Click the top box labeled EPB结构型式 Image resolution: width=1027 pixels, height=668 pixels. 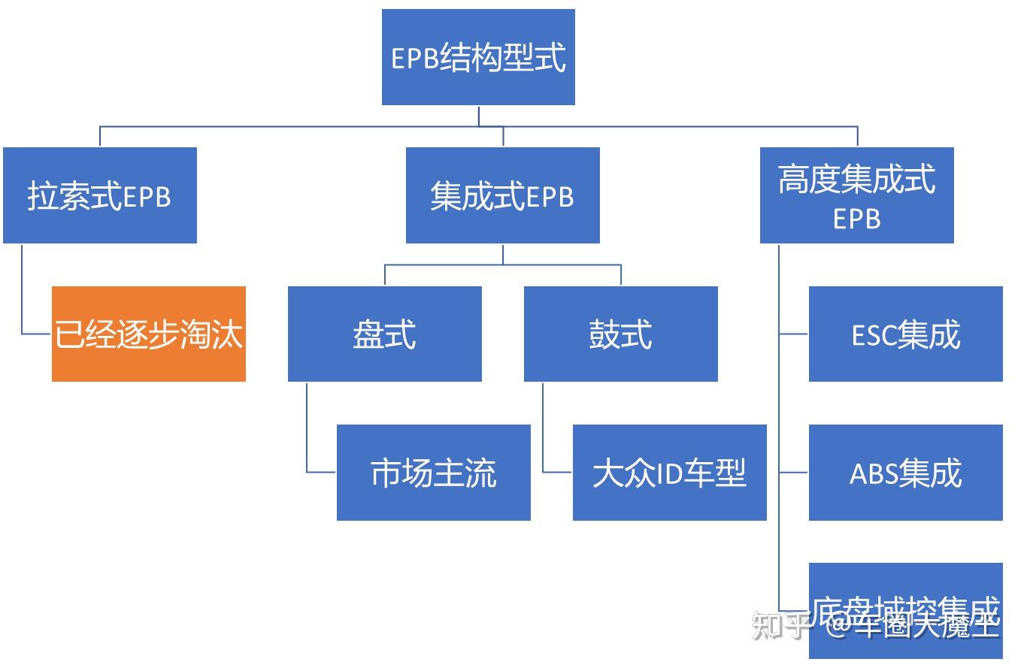click(478, 57)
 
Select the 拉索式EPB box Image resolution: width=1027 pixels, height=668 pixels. click(100, 195)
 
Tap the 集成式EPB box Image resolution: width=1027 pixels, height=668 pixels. click(502, 195)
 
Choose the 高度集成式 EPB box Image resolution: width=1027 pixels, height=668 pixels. click(856, 195)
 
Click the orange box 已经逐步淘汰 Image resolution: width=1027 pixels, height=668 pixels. click(148, 334)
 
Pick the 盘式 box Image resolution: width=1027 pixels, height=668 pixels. click(384, 334)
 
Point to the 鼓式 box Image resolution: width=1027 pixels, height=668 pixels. click(620, 334)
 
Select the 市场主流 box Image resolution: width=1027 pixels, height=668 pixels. click(433, 473)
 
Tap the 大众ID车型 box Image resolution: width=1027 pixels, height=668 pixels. click(669, 473)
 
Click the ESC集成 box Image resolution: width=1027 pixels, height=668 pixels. click(905, 334)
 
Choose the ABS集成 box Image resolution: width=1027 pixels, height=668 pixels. click(905, 473)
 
